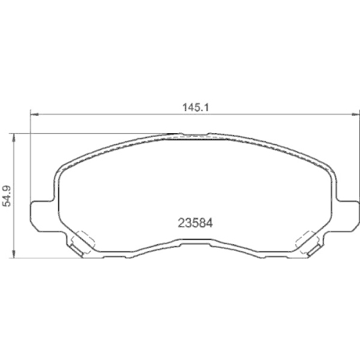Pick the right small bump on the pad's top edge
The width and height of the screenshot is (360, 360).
(210, 134)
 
